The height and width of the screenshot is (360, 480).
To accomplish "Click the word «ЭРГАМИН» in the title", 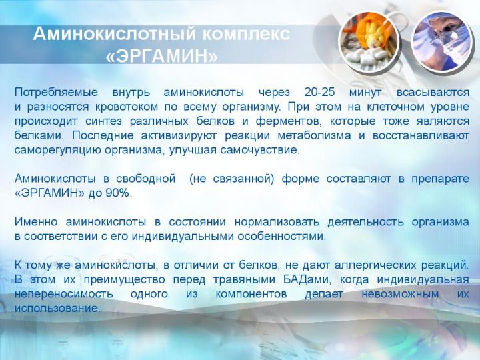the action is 161,56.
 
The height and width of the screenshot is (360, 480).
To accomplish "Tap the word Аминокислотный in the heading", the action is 115,33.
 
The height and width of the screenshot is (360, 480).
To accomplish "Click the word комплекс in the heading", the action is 246,34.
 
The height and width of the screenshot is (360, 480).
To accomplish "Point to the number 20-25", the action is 319,92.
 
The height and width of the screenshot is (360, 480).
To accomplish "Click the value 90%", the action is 117,193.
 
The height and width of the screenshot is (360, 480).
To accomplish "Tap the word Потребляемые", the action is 56,93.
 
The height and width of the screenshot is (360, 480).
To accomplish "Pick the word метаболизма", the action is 315,135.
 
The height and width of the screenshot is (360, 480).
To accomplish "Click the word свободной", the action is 146,179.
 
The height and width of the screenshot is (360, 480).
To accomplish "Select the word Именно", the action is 36,222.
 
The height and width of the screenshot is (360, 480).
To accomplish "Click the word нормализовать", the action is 277,222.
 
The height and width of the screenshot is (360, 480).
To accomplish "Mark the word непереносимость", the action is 64,295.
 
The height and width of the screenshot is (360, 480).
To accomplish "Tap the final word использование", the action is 57,308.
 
